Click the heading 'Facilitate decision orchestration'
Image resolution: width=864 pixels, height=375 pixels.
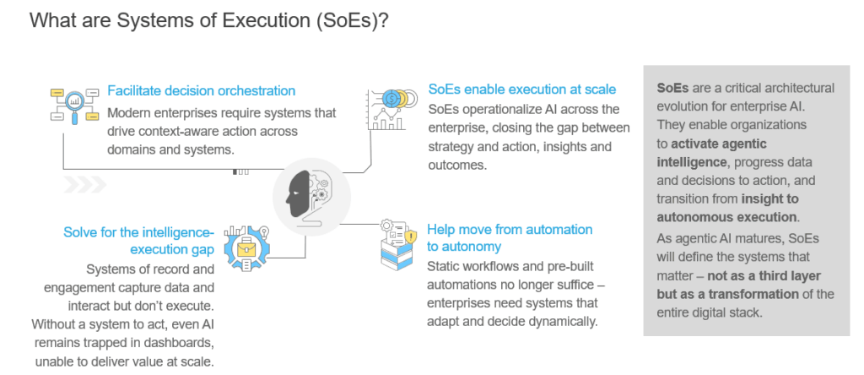(x=201, y=91)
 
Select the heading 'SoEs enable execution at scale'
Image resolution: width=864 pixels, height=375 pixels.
(x=522, y=89)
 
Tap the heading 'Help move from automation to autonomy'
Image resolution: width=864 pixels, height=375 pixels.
(x=510, y=237)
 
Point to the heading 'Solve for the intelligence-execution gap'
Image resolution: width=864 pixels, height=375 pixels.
(x=139, y=241)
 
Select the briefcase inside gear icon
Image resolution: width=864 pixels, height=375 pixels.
(x=247, y=245)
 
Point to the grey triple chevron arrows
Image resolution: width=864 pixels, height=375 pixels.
(x=87, y=184)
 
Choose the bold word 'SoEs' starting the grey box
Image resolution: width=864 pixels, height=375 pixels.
(x=672, y=88)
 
